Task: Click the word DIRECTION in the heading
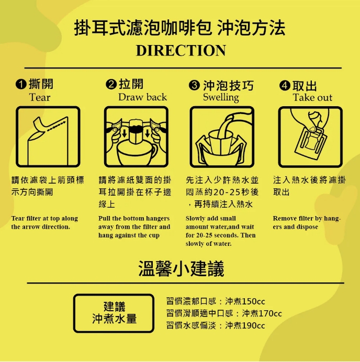coord(181,51)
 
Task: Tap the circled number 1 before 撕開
coord(20,85)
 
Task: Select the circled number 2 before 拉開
coord(111,85)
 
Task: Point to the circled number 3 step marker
coord(194,85)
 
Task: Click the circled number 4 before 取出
coord(285,85)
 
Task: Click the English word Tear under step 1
coord(40,97)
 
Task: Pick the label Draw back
coord(142,97)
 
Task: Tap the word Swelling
coord(220,97)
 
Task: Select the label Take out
coord(312,97)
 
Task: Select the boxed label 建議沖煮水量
coord(114,313)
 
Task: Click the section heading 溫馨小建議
coord(181,269)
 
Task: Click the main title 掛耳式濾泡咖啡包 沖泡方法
coord(181,28)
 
